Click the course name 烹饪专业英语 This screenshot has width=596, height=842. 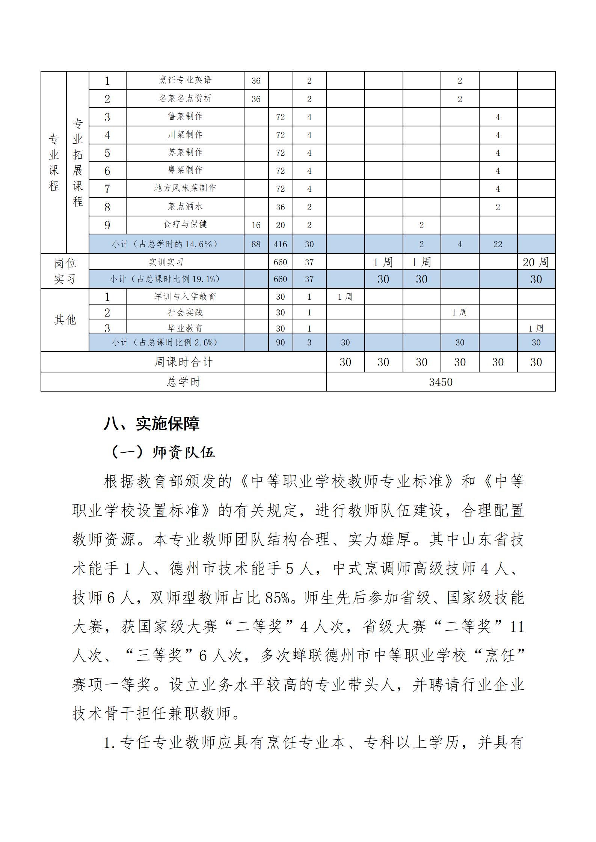point(185,80)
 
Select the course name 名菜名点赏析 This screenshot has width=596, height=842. point(185,98)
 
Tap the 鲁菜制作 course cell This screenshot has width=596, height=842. point(185,117)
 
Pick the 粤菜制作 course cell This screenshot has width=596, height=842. point(185,170)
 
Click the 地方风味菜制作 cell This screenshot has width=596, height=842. point(185,188)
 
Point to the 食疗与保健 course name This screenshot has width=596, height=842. point(185,224)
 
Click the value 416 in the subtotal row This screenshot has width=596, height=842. point(280,244)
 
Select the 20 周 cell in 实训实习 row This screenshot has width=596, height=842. point(536,262)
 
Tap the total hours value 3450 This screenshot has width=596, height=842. point(441,382)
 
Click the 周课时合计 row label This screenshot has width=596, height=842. point(183,362)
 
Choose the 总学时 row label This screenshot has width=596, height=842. point(183,382)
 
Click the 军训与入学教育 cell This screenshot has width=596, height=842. point(185,297)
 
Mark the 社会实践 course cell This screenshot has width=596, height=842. point(185,312)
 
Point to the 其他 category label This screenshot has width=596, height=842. point(65,320)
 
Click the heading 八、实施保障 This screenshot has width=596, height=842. point(152,423)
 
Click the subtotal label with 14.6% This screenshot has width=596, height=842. point(165,244)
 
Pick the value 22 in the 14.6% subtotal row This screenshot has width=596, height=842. point(498,244)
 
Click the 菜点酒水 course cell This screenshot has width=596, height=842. point(185,207)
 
